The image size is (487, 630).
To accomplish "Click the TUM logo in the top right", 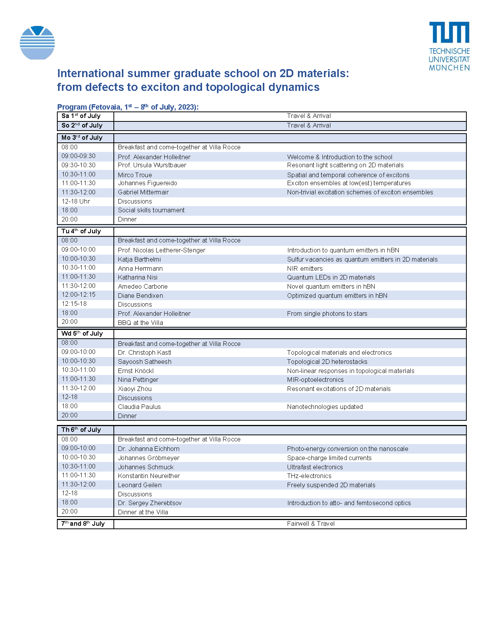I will (x=449, y=46).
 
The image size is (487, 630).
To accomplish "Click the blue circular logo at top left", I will (x=37, y=43).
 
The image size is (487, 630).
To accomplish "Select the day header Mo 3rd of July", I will (x=82, y=138).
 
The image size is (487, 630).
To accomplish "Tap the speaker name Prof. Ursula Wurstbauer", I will (x=152, y=165).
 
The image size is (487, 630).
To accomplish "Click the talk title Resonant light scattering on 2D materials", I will (x=345, y=165).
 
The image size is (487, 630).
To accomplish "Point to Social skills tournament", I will (x=151, y=210).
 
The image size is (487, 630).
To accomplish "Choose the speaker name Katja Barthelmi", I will (x=139, y=260).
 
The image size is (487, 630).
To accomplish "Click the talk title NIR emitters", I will (x=305, y=269).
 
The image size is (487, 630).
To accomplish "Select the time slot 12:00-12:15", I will (x=79, y=295).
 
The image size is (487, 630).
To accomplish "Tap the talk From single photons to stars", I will (x=327, y=314).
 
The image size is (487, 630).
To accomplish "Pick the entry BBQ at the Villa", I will (x=140, y=323).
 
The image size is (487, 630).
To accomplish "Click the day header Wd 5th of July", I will (x=82, y=334).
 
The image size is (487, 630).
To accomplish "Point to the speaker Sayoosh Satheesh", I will (x=144, y=362).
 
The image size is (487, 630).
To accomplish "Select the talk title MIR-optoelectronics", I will (x=315, y=380).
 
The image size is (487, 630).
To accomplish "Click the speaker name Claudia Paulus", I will (x=139, y=407).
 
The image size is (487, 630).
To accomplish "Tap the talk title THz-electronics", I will (x=309, y=476).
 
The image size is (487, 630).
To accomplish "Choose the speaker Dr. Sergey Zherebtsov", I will (x=150, y=503).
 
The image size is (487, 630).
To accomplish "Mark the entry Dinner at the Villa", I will (x=143, y=512).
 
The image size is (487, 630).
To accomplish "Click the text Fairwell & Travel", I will (x=311, y=524).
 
